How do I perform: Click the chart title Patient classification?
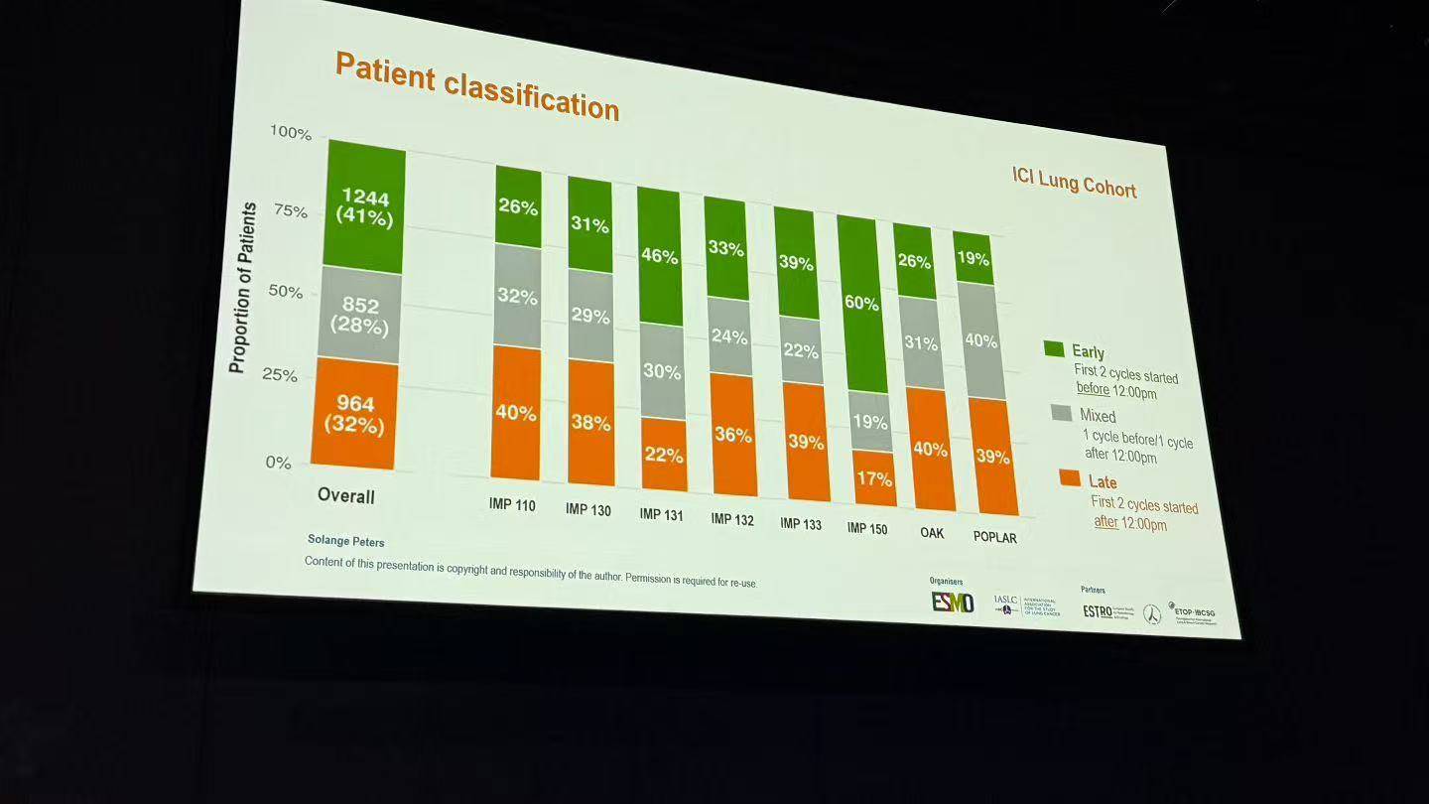[x=476, y=86]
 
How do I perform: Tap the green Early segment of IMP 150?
[x=859, y=304]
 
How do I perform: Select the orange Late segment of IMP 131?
[x=664, y=454]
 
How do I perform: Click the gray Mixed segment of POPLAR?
[x=980, y=340]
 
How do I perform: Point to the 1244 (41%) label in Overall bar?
[x=364, y=206]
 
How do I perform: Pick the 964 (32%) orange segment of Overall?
[x=354, y=413]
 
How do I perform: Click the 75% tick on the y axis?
[x=291, y=211]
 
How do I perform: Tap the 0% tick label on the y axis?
[x=278, y=463]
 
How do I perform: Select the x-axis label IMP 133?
[x=801, y=523]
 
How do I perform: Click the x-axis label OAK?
[x=932, y=533]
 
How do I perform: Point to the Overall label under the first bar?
[x=346, y=495]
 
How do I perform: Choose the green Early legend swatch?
[x=1054, y=349]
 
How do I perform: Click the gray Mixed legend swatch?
[x=1062, y=412]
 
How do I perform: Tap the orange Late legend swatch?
[x=1070, y=478]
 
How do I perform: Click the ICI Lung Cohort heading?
[x=1074, y=183]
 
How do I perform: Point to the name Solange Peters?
[x=345, y=542]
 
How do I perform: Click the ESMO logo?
[x=952, y=602]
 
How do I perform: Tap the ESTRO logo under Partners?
[x=1098, y=611]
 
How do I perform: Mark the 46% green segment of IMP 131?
[x=659, y=255]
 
